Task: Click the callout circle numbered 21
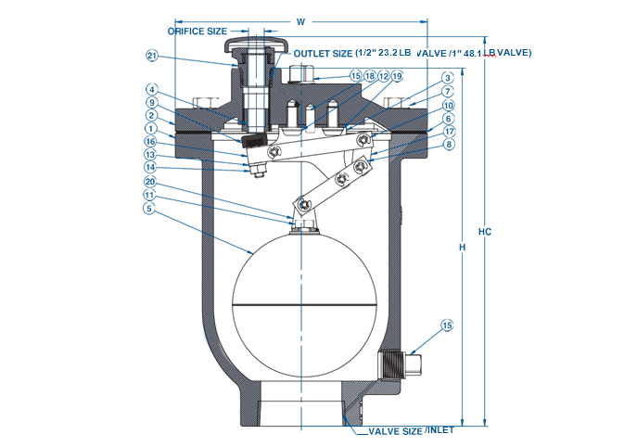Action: (x=152, y=56)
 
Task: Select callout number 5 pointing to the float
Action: (x=148, y=209)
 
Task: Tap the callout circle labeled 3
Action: (x=447, y=79)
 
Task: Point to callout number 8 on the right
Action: (x=447, y=144)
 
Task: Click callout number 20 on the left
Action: (x=148, y=183)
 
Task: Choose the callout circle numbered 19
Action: (x=397, y=76)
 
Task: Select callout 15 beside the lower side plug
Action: (x=447, y=326)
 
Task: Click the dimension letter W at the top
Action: (x=299, y=20)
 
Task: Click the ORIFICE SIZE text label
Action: (x=197, y=31)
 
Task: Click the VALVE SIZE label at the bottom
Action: (x=395, y=431)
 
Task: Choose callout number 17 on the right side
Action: (x=447, y=131)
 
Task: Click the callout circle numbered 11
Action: (x=148, y=196)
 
